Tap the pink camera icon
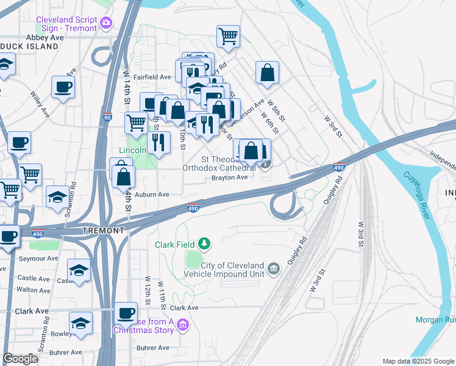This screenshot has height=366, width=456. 106,23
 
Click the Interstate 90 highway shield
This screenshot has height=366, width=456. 108,117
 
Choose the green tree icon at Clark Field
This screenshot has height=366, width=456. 204,245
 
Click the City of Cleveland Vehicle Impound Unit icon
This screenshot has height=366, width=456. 273,267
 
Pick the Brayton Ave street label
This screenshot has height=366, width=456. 229,178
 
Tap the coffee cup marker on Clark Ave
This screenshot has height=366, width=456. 126,314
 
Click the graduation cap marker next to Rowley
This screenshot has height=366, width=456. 80,323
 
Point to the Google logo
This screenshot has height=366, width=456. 20,359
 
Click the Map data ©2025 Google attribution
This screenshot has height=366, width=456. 418,361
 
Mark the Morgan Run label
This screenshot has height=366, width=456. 435,320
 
